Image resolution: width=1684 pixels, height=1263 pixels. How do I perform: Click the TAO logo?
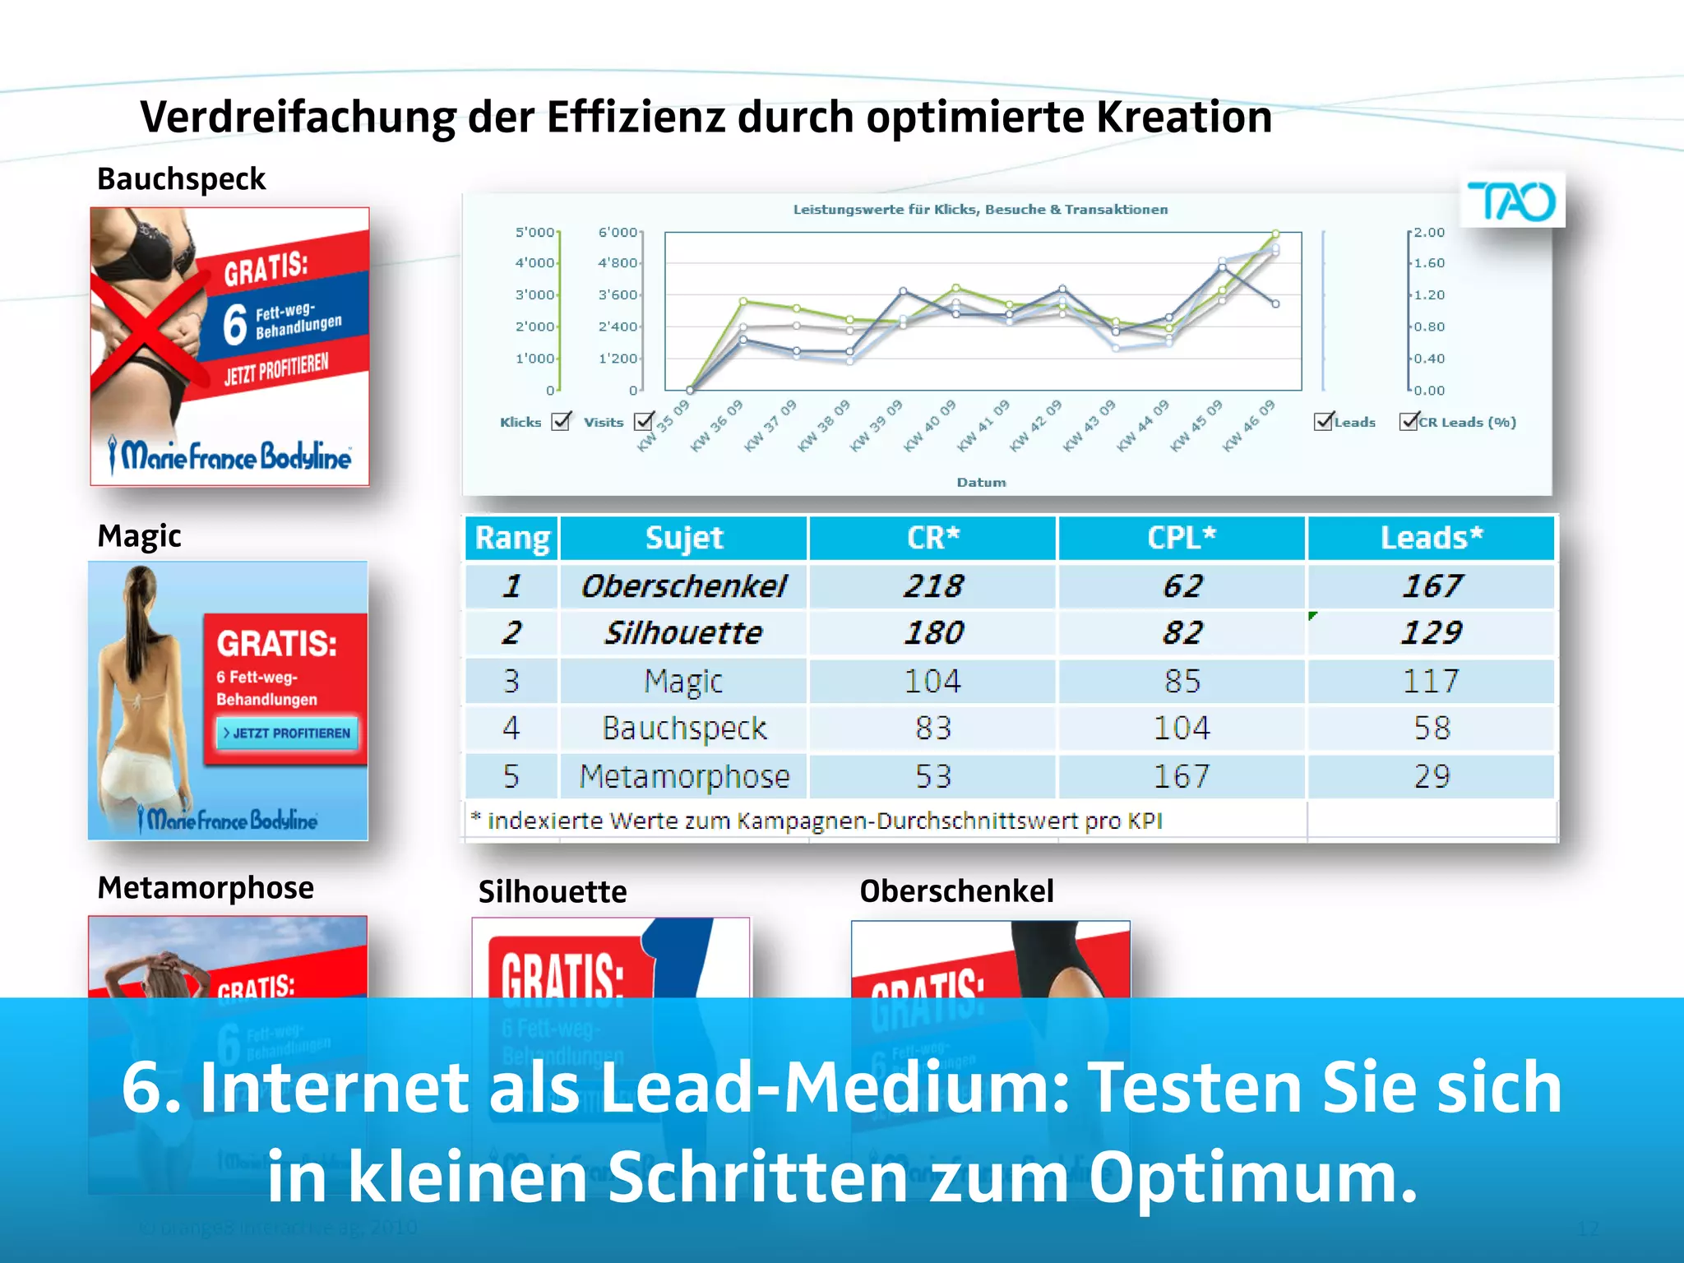1511,201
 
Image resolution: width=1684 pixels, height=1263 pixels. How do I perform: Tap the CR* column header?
932,538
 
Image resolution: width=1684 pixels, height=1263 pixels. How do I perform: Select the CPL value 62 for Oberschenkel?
1182,585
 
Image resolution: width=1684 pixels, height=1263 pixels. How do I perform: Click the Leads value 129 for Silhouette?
1431,632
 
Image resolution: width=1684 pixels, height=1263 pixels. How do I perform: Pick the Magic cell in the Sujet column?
682,681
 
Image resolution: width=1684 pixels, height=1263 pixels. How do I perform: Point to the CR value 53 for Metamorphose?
932,776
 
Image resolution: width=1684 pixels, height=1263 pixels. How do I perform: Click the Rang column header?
511,538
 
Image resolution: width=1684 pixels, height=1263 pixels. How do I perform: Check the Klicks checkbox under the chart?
562,422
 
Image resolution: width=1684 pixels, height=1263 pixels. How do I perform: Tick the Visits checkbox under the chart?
644,422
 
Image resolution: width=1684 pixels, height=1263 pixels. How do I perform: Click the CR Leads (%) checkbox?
1409,422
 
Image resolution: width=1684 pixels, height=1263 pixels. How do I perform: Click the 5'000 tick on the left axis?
534,233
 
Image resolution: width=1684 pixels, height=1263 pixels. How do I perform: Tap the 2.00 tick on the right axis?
1429,233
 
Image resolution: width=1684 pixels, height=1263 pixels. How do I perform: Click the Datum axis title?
981,483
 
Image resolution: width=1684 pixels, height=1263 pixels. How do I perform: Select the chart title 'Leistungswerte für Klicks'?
980,210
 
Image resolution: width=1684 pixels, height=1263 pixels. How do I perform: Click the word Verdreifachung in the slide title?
298,117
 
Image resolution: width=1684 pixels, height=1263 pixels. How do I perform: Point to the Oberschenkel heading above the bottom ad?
956,891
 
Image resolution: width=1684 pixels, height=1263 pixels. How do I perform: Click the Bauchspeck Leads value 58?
1431,729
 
